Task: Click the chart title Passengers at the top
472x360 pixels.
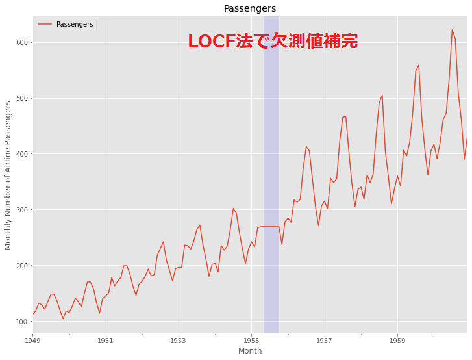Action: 250,8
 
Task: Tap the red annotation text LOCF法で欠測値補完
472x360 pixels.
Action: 273,42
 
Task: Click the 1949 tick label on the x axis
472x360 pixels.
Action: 33,340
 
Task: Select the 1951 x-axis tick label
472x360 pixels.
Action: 106,340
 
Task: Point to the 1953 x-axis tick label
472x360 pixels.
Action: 179,340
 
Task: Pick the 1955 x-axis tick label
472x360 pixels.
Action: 252,340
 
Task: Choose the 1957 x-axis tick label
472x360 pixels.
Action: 325,340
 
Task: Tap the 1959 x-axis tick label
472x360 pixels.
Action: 398,340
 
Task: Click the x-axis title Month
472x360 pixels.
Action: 250,351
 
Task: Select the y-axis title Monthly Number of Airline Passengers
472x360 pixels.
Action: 8,175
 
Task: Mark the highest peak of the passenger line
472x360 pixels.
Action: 453,30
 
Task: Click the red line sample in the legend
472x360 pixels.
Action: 45,25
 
